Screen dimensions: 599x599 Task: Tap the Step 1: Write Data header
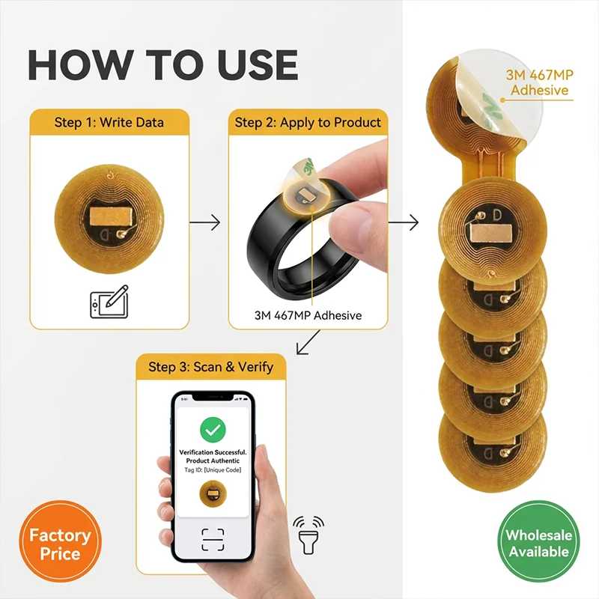point(109,122)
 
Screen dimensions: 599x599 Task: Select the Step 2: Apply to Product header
point(308,122)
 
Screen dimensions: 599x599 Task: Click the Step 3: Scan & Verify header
point(211,367)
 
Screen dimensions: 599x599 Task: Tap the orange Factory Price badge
point(60,541)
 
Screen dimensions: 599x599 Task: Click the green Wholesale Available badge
point(538,541)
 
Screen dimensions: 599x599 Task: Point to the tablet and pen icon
point(109,302)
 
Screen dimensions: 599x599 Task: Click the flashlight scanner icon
point(308,535)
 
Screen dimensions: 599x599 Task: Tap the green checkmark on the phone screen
point(213,430)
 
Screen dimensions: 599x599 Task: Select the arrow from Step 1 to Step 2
point(204,222)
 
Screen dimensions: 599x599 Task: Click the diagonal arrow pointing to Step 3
point(308,342)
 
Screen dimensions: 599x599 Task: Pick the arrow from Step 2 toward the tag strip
point(404,222)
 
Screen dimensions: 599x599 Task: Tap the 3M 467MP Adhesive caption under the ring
point(308,315)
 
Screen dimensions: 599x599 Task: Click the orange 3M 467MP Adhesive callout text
point(539,82)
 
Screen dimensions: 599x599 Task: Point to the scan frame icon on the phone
point(213,539)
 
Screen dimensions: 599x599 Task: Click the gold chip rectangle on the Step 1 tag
point(111,216)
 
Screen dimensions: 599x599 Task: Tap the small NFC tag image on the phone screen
point(213,493)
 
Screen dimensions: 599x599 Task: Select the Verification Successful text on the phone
point(213,452)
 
